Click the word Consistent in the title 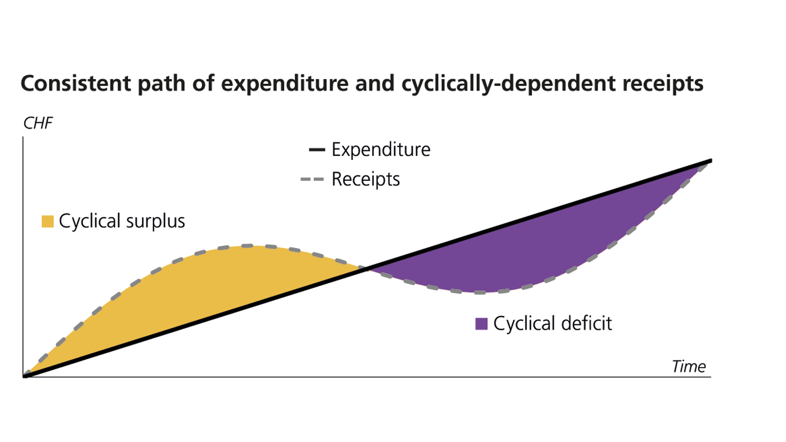pyautogui.click(x=76, y=83)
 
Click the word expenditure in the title pyautogui.click(x=285, y=83)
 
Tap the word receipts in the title pyautogui.click(x=663, y=83)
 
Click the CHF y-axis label pyautogui.click(x=38, y=123)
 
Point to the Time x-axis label pyautogui.click(x=689, y=366)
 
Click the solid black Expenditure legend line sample pyautogui.click(x=317, y=150)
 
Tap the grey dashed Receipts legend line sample pyautogui.click(x=312, y=179)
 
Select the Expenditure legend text pyautogui.click(x=381, y=149)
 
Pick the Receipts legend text pyautogui.click(x=366, y=179)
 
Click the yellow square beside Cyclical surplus pyautogui.click(x=48, y=221)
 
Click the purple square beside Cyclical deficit pyautogui.click(x=481, y=324)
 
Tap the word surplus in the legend pyautogui.click(x=156, y=221)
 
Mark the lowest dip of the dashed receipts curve pyautogui.click(x=480, y=292)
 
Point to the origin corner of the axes pyautogui.click(x=23, y=377)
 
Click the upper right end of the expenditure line pyautogui.click(x=710, y=161)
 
